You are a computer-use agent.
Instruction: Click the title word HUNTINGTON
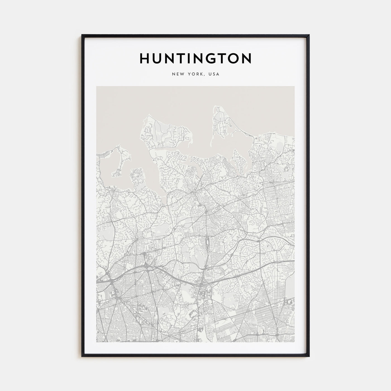point(195,58)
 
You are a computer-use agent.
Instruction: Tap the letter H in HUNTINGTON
point(145,58)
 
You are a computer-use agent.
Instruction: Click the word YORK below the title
point(195,74)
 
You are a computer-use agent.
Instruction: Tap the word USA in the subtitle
point(214,74)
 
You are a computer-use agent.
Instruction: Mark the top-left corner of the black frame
point(82,35)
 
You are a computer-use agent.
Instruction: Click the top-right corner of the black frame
point(309,35)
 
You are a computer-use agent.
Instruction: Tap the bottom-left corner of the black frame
point(82,357)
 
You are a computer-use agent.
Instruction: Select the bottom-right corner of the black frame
point(309,357)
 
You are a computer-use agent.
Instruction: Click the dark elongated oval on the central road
point(207,241)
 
